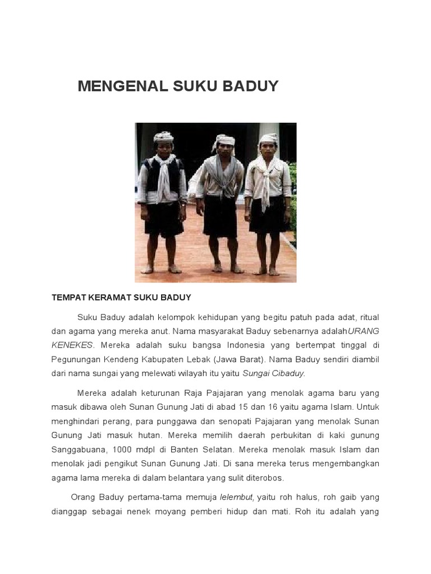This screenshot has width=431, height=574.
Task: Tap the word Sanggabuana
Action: click(x=79, y=449)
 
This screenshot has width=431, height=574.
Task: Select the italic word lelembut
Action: click(x=237, y=497)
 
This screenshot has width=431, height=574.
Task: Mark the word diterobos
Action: click(x=265, y=478)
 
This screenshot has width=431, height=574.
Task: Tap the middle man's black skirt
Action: click(x=221, y=216)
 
